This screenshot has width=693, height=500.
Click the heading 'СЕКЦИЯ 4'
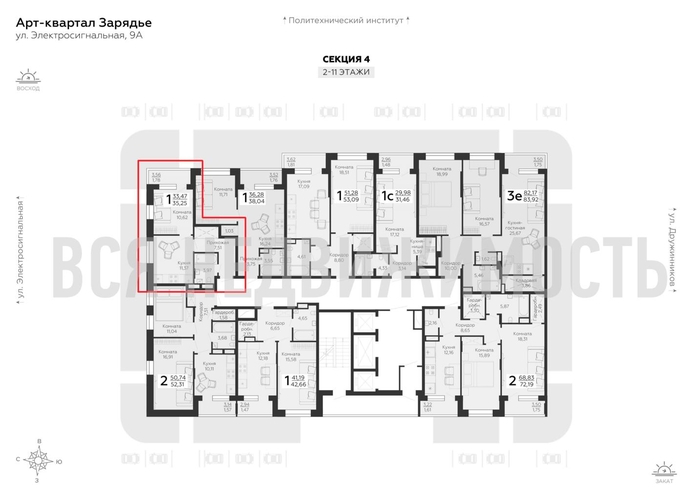346,59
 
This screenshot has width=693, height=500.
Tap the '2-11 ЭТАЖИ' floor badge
346,73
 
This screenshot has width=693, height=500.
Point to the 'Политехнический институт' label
346,19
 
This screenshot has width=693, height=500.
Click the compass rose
38,460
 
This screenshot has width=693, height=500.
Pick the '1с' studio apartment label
386,196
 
